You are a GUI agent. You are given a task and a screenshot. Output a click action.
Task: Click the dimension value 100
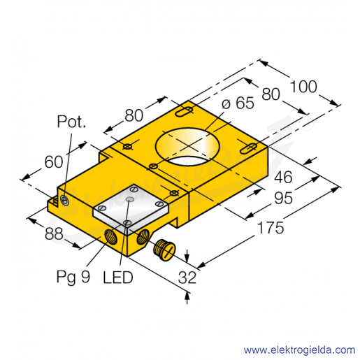(303, 87)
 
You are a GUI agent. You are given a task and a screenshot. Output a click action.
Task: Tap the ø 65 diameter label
(238, 103)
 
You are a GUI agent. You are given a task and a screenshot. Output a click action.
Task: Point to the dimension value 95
(283, 199)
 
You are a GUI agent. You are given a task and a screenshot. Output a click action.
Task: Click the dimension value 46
(283, 177)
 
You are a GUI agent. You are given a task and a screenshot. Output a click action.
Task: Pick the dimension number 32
(187, 278)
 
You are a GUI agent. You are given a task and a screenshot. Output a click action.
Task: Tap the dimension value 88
(54, 233)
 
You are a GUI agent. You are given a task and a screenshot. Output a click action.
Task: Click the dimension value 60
(54, 161)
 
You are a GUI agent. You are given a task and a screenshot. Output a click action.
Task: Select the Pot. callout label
(71, 122)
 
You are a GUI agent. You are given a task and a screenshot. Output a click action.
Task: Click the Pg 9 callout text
(73, 277)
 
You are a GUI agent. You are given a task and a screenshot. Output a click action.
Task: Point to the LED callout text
(118, 278)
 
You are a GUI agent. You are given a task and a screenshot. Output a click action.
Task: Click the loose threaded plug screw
(164, 250)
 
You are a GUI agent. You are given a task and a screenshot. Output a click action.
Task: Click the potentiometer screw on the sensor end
(64, 201)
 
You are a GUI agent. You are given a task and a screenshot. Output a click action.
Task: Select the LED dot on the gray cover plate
(129, 199)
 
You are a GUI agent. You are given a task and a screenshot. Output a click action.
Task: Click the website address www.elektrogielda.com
(299, 350)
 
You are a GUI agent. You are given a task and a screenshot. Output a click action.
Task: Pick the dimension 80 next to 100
(271, 94)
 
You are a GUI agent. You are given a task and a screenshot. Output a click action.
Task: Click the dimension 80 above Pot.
(134, 115)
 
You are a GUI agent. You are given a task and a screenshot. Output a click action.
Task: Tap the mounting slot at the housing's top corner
(185, 112)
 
